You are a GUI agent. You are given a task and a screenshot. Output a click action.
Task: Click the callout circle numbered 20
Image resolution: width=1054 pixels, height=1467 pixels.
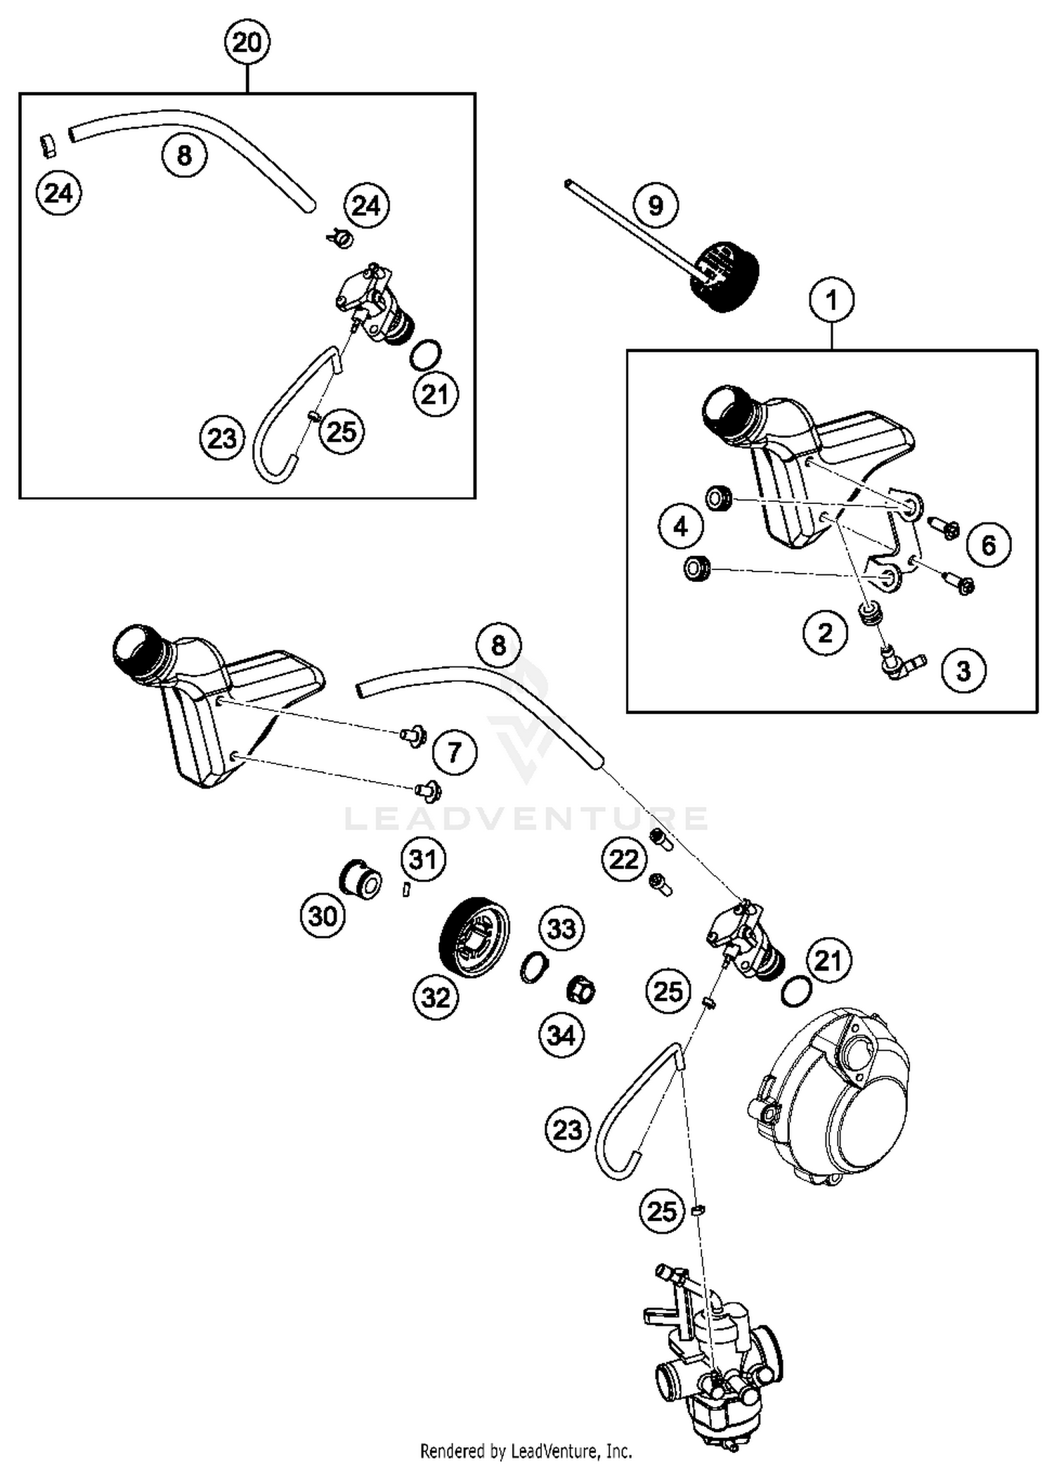(x=247, y=43)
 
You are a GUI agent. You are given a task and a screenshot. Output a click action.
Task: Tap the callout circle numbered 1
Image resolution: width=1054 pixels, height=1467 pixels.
(x=832, y=301)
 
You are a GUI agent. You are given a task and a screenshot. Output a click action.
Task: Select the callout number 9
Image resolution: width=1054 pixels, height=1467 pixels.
(x=655, y=205)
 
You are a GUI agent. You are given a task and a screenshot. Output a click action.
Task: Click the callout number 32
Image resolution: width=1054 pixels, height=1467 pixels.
(x=436, y=997)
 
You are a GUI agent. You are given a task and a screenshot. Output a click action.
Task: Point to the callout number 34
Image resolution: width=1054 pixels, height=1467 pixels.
(x=561, y=1035)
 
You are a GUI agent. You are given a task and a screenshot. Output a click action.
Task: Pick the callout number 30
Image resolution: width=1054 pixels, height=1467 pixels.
(x=323, y=916)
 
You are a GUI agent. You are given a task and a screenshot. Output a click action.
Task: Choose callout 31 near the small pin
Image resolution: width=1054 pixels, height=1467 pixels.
(x=424, y=859)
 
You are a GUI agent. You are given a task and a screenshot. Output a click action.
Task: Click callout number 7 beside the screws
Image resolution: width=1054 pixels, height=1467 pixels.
(x=455, y=753)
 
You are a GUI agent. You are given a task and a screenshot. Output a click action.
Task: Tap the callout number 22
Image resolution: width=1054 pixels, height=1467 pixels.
(x=624, y=859)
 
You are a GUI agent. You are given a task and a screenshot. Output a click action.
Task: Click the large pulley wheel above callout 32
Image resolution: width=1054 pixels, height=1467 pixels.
(x=474, y=936)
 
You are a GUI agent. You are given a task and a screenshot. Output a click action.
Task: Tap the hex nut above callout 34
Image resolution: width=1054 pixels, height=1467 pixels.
(x=580, y=991)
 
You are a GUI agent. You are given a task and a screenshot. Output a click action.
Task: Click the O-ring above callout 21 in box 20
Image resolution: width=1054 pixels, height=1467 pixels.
(x=424, y=355)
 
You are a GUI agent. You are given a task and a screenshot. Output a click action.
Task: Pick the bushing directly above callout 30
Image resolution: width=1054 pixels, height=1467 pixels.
(x=360, y=877)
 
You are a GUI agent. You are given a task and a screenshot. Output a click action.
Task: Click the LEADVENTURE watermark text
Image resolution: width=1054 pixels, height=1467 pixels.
(x=526, y=818)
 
